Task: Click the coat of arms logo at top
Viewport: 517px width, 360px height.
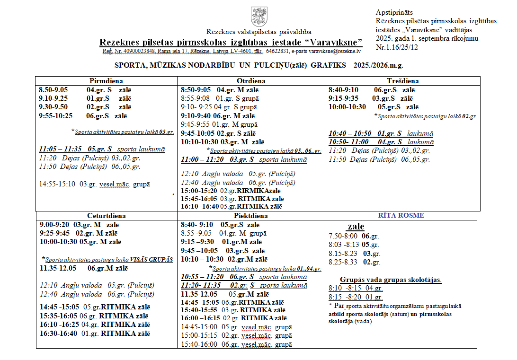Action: (258, 17)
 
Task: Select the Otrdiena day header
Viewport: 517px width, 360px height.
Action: (251, 81)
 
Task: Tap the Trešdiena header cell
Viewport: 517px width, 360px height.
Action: (402, 81)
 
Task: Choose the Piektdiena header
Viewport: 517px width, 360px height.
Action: (251, 215)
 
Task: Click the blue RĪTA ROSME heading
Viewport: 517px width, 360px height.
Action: (401, 215)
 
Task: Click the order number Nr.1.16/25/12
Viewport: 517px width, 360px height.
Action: (397, 47)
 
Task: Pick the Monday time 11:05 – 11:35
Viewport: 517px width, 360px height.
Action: (60, 149)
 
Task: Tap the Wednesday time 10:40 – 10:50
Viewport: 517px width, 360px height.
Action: (350, 133)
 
